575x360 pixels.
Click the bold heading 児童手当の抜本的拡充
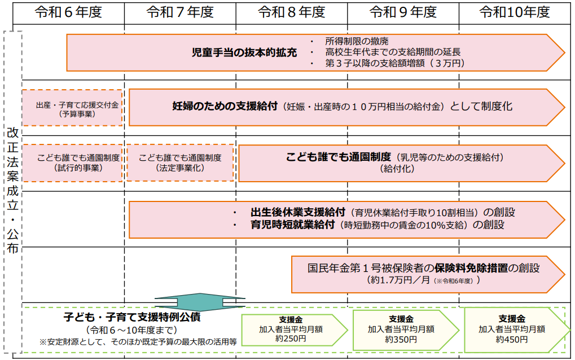coord(244,53)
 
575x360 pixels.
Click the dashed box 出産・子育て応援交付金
coord(72,108)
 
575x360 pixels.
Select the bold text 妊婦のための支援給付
coord(227,106)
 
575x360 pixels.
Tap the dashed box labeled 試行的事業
coord(72,163)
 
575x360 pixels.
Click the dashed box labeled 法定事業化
coord(180,163)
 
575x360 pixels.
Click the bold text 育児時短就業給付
coord(292,225)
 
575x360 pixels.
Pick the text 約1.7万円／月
coord(398,280)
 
